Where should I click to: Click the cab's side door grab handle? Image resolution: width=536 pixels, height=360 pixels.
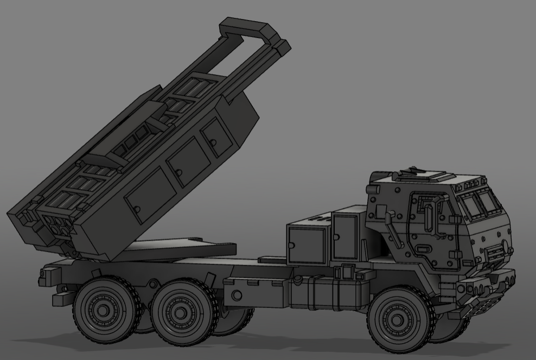pos(429,216)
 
